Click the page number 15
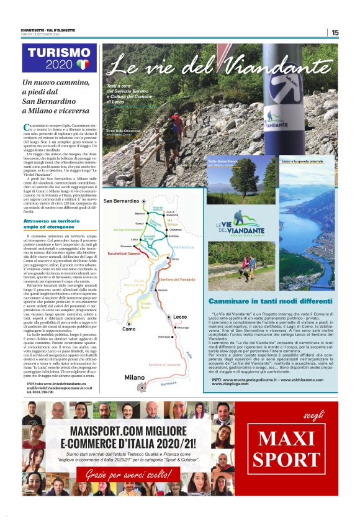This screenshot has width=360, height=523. [335, 33]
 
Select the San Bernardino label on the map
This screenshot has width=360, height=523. [120, 202]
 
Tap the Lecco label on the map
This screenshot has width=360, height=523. [180, 317]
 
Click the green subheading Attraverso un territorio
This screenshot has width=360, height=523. [52, 221]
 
